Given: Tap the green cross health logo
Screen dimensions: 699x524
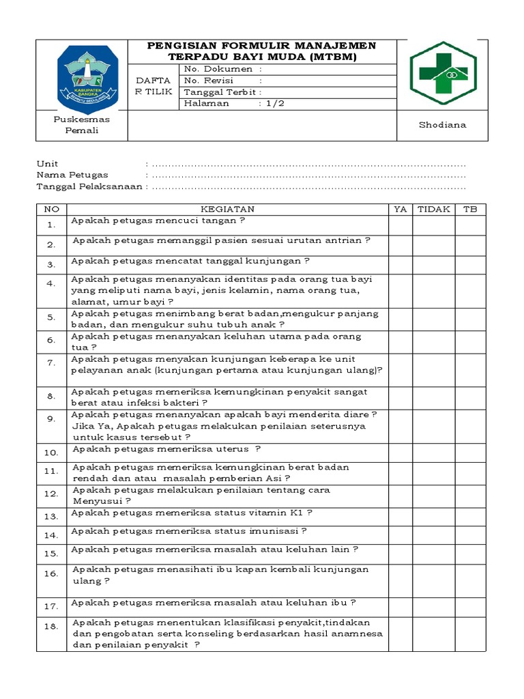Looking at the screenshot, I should [x=443, y=74].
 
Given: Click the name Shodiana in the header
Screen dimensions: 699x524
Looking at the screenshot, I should [x=443, y=125].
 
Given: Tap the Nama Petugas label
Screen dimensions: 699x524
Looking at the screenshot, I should [x=72, y=175].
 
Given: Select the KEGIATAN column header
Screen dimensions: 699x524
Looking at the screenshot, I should [x=227, y=210].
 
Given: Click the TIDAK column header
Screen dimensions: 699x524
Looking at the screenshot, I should [x=434, y=210].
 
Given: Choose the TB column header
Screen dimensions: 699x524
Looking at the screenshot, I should [x=471, y=210].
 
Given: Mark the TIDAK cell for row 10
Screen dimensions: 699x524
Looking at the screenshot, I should [x=434, y=453].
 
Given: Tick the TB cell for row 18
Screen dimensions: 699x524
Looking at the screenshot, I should [x=471, y=634].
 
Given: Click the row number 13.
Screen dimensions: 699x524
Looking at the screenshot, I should [x=51, y=517].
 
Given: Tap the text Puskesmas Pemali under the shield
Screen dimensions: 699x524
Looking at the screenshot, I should [x=76, y=125].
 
